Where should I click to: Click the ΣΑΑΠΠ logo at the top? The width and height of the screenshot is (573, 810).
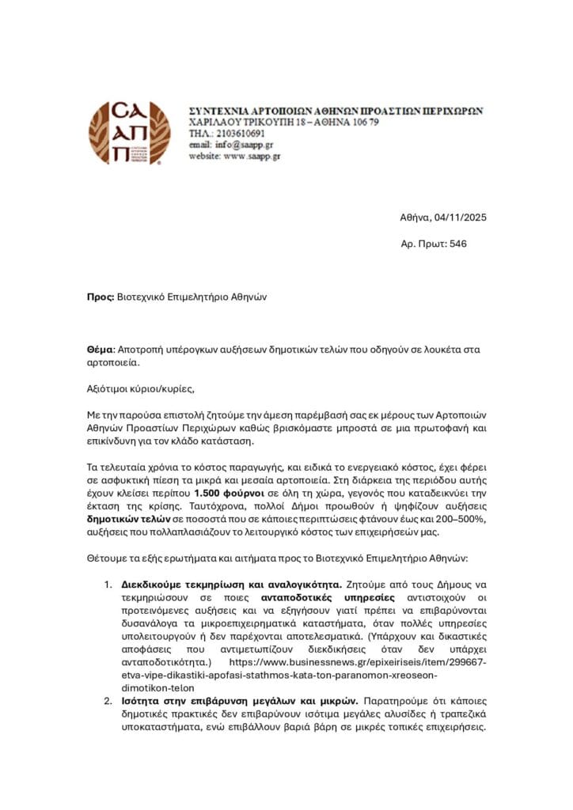[128, 133]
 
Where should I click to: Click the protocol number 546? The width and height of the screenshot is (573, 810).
[457, 244]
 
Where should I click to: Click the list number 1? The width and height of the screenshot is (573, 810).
[108, 585]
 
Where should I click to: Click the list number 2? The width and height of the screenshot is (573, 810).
[108, 701]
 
